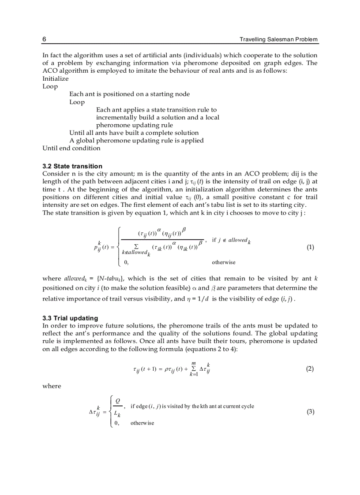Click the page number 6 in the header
coord(45,39)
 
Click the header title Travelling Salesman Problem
coord(278,39)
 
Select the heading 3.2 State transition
coord(72,166)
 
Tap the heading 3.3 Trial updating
coord(70,318)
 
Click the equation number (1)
coord(310,247)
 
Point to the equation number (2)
coord(310,369)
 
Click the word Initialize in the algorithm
coord(56,78)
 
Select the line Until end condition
coord(71,148)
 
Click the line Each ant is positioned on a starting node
coord(129,94)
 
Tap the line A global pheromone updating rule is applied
coord(136,141)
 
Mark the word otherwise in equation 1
coord(224,262)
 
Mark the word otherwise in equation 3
coord(142,423)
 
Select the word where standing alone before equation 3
coord(52,386)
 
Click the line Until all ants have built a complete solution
coord(134,133)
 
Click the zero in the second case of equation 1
coord(126,262)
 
